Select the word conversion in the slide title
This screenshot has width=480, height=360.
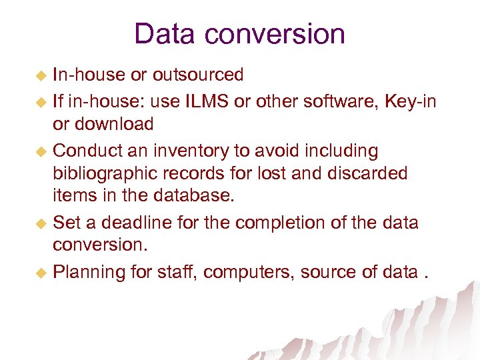click(x=280, y=34)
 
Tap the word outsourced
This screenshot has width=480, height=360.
click(x=198, y=75)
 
